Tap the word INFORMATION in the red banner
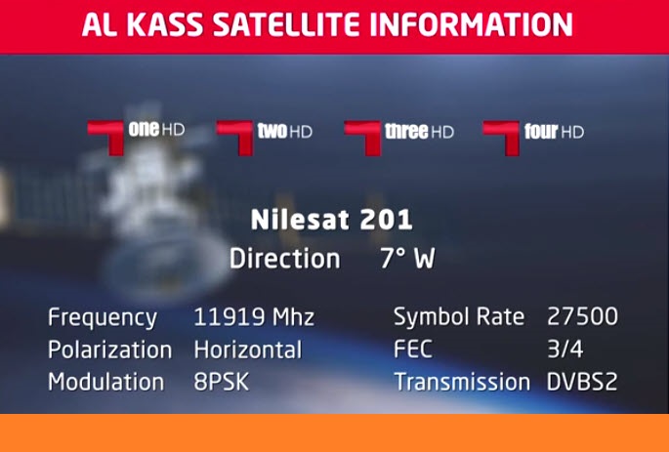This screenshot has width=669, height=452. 471,24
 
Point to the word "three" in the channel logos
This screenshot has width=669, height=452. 406,132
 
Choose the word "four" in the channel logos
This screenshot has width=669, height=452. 541,132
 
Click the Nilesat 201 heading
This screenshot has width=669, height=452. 331,220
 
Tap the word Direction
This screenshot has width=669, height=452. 284,259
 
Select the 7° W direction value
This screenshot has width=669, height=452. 407,259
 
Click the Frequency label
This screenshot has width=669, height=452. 103,318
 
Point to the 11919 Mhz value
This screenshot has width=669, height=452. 254,317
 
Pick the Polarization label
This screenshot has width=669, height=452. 109,349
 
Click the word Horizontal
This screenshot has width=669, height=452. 248,349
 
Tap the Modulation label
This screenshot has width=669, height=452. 105,382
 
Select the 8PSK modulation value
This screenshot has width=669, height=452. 221,382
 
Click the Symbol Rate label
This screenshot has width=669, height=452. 459,317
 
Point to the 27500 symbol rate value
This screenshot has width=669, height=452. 582,317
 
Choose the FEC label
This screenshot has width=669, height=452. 412,349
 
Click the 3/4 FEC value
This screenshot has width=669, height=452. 564,349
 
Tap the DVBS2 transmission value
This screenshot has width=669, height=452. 581,382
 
